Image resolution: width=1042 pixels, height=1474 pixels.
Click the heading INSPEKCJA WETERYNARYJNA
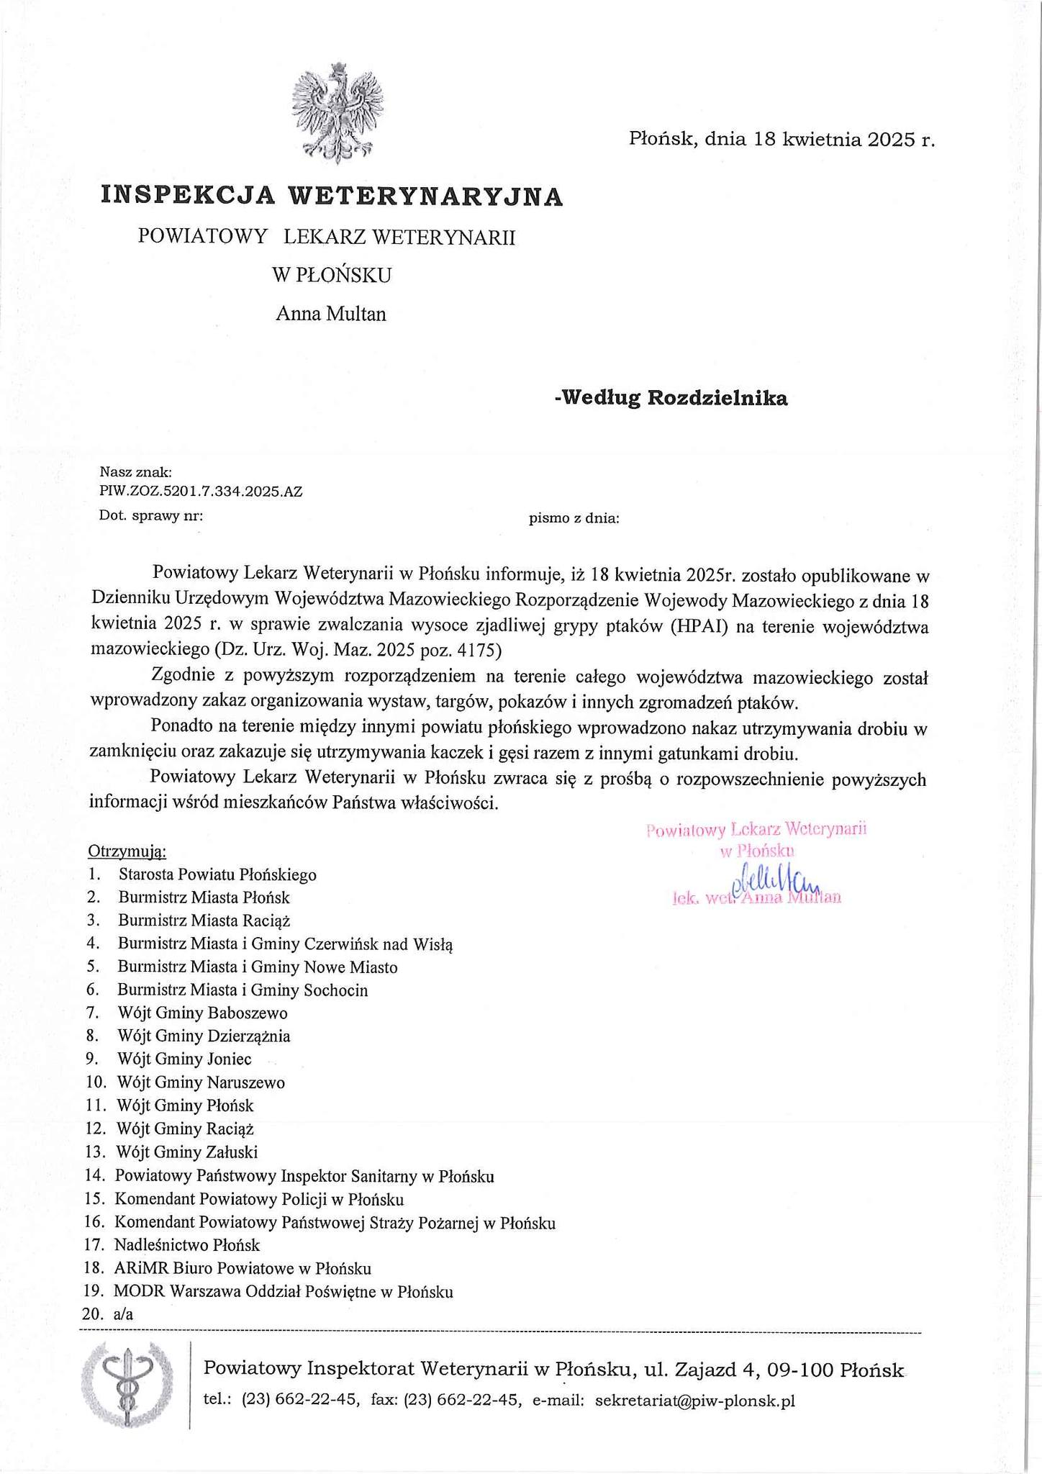[x=332, y=196]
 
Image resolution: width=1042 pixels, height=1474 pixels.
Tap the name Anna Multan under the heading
[x=331, y=314]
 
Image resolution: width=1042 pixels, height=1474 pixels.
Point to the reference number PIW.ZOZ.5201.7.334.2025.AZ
[x=201, y=492]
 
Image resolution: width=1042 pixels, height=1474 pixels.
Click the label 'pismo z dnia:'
[x=574, y=517]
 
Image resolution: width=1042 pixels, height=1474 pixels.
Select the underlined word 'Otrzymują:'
[x=127, y=851]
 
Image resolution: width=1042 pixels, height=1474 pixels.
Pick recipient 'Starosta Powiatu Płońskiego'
[x=217, y=874]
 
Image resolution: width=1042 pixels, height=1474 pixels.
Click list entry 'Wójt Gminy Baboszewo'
[x=203, y=1013]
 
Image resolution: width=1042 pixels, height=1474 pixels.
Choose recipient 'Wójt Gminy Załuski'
[x=188, y=1151]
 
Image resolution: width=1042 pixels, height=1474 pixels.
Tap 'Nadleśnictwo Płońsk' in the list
[x=187, y=1244]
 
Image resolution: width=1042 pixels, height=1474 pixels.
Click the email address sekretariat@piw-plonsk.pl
[x=695, y=1400]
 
